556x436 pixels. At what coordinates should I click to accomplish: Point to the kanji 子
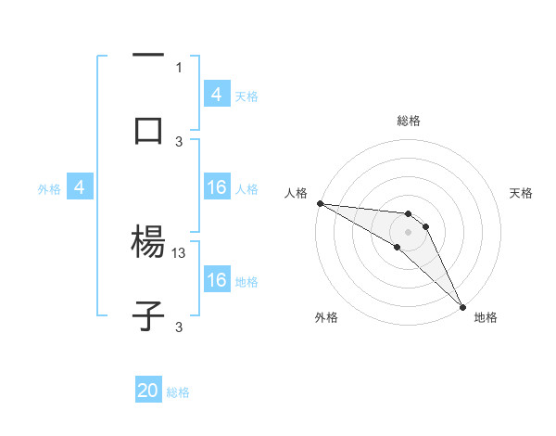[x=148, y=315]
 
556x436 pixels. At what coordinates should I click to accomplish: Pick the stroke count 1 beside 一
[x=179, y=67]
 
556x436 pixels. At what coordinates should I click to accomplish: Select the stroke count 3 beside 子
[x=179, y=327]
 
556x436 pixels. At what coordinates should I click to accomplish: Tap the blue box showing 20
[x=148, y=391]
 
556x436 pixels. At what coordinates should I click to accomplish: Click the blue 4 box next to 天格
[x=217, y=94]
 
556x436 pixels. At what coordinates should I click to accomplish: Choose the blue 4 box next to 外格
[x=80, y=187]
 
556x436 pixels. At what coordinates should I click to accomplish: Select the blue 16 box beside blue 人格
[x=217, y=187]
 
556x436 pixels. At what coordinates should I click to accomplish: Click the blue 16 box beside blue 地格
[x=217, y=280]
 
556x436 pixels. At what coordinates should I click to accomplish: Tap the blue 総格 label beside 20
[x=178, y=392]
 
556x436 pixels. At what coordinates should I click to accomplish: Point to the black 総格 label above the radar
[x=409, y=121]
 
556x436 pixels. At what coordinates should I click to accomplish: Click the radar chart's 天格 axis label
[x=522, y=193]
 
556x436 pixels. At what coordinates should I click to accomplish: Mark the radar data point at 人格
[x=320, y=203]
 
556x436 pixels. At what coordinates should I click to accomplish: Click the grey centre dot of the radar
[x=408, y=231]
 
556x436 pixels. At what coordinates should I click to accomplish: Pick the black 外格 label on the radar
[x=326, y=317]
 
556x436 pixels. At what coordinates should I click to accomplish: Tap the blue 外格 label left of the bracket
[x=49, y=188]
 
